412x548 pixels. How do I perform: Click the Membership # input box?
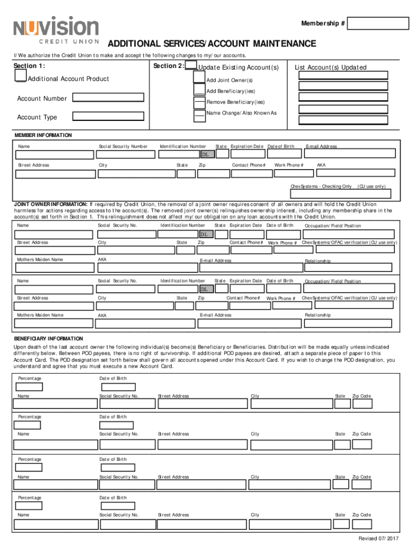click(x=379, y=24)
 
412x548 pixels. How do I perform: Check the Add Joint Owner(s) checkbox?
click(x=199, y=80)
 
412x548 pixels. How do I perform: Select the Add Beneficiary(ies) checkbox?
click(x=199, y=92)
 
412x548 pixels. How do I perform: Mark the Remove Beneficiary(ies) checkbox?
click(x=199, y=102)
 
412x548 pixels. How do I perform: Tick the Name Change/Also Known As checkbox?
click(x=199, y=113)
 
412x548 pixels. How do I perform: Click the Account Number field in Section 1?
click(x=108, y=98)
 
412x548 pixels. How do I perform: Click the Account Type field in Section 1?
click(x=108, y=116)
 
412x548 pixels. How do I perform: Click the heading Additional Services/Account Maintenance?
click(x=212, y=43)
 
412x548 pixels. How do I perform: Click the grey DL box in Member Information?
click(x=208, y=155)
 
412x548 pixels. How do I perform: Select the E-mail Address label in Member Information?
click(x=321, y=147)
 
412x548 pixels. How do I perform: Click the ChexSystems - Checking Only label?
click(x=321, y=186)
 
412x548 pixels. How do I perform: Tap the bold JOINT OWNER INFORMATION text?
click(x=50, y=204)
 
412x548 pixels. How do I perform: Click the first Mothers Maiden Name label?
click(x=40, y=260)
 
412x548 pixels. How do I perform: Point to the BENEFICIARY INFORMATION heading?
click(x=48, y=339)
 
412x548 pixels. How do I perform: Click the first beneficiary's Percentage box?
click(x=35, y=387)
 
